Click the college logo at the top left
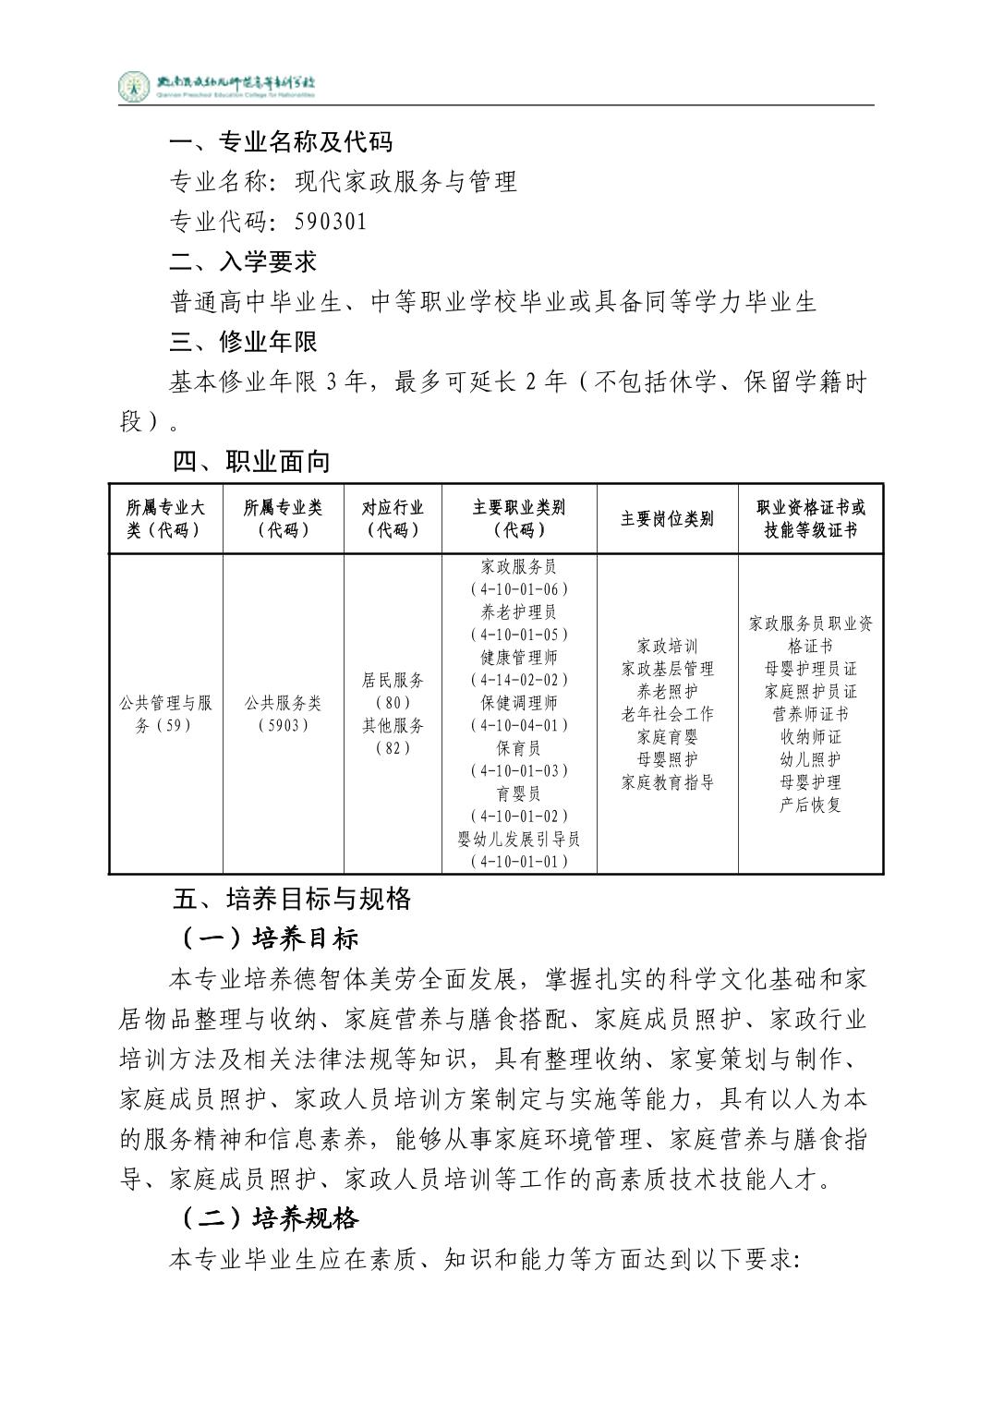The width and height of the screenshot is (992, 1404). coord(135,87)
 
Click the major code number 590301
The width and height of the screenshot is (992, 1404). coord(331,222)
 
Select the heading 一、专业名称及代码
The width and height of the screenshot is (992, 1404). coord(281,141)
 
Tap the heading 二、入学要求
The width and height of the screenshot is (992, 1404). coord(243,261)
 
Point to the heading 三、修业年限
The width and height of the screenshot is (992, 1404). coord(243,342)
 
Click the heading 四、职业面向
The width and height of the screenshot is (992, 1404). coord(250,462)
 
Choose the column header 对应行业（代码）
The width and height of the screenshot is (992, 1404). coord(393,519)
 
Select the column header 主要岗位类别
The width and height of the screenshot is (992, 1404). coord(667,519)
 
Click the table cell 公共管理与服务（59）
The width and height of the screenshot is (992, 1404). coord(166,714)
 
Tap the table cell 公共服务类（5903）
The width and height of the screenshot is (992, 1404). coord(284,714)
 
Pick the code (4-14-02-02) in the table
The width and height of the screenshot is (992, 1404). coord(519,680)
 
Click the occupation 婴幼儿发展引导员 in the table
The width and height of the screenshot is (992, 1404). coord(519,839)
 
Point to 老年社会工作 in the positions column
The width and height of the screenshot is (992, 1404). coord(667,714)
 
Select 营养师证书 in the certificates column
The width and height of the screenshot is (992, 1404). coord(810,714)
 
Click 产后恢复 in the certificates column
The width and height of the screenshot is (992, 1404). coord(810,805)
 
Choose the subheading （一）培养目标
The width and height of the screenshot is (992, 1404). coord(268,939)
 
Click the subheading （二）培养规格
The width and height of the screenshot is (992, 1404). coord(268,1219)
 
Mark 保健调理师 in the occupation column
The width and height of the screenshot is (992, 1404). coord(519,703)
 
